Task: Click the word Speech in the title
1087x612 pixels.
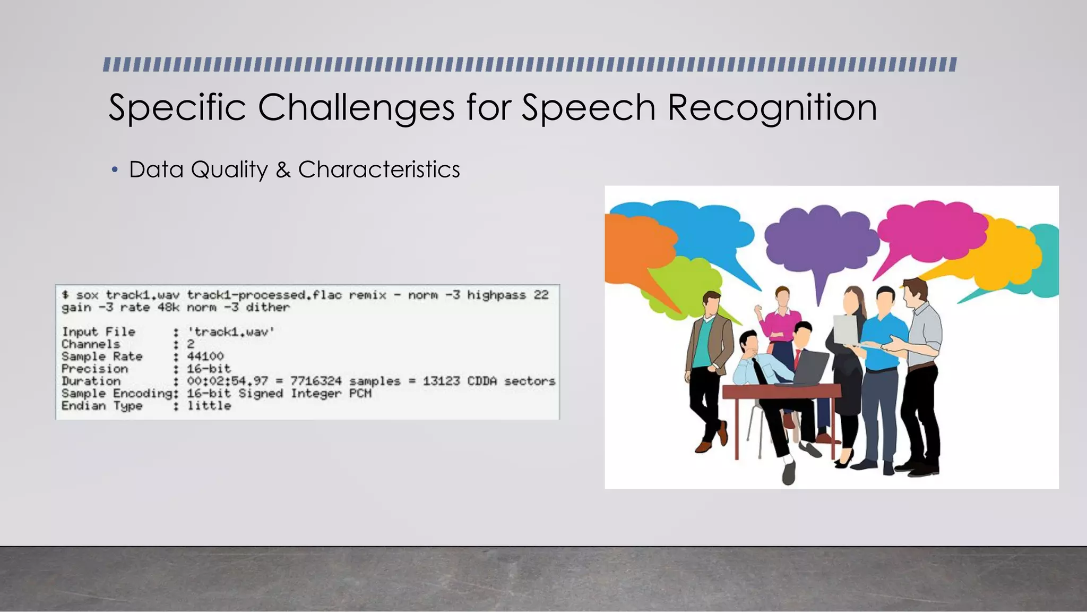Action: point(588,108)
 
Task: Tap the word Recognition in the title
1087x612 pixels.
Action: point(772,108)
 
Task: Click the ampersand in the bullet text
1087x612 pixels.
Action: point(283,170)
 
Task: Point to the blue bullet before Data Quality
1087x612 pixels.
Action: point(115,170)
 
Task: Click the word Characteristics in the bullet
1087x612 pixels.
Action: point(379,170)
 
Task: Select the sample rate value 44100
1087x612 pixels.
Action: point(205,356)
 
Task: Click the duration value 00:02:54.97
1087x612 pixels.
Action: point(227,381)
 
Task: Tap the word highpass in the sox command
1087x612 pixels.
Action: point(496,295)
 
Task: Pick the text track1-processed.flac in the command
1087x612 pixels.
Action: point(264,295)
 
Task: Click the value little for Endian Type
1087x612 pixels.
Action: point(209,406)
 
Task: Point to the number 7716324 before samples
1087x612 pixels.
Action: point(316,381)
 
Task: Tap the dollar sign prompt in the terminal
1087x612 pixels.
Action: point(65,295)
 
